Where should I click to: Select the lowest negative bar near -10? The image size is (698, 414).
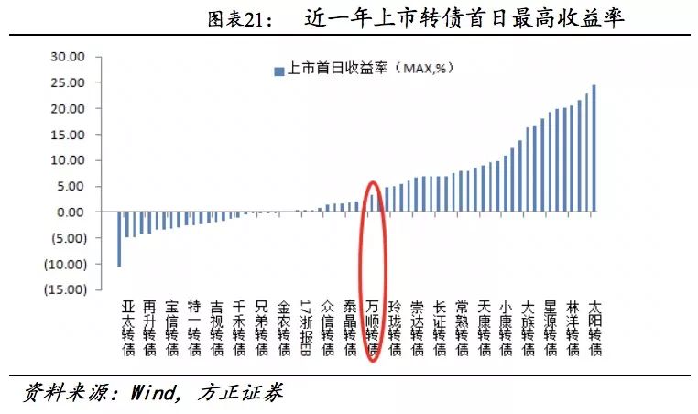coord(119,239)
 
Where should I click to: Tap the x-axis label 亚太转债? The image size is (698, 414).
coord(127,326)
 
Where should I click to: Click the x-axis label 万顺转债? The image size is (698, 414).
coord(372,326)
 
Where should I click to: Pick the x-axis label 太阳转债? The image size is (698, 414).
coord(595,326)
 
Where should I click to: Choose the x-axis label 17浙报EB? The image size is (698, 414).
coord(305,326)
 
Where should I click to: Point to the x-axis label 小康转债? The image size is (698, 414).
coord(506,326)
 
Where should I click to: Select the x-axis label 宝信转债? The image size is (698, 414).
coord(172,326)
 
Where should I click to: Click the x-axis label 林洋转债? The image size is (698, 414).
coord(573,326)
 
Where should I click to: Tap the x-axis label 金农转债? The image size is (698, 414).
coord(283,326)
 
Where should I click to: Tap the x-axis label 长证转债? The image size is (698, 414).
coord(439,326)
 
